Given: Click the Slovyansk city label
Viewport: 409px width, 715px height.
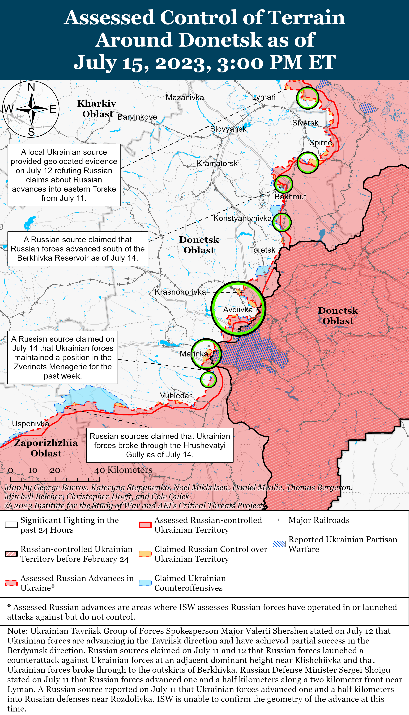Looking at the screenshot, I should click(228, 129).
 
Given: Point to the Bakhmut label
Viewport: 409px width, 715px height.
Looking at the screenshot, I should click(290, 197).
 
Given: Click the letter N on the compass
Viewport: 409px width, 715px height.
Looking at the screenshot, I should click(31, 87).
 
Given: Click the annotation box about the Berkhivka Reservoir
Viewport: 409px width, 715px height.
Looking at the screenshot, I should click(77, 249).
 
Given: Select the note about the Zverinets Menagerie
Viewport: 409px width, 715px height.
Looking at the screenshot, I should click(63, 357).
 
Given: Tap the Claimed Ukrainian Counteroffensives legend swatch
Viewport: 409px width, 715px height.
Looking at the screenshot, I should click(145, 583).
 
